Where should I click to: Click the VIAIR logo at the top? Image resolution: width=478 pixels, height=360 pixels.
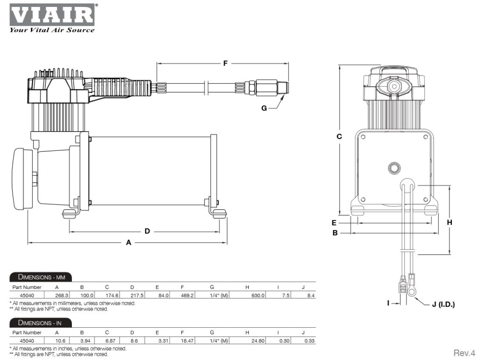pyautogui.click(x=51, y=15)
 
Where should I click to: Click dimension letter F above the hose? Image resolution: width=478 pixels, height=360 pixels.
pyautogui.click(x=225, y=63)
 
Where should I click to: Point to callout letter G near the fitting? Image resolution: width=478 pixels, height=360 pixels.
pyautogui.click(x=264, y=108)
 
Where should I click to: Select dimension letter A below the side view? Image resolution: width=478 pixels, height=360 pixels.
pyautogui.click(x=129, y=242)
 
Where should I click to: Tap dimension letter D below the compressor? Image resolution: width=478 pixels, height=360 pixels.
pyautogui.click(x=147, y=231)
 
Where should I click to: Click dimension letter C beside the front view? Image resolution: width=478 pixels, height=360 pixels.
pyautogui.click(x=339, y=136)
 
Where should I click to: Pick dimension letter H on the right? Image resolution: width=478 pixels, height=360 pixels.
pyautogui.click(x=450, y=222)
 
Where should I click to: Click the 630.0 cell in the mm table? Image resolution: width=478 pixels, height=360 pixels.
pyautogui.click(x=258, y=295)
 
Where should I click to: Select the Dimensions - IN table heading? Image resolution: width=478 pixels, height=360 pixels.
pyautogui.click(x=40, y=323)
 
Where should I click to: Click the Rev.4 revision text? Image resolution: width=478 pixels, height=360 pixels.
pyautogui.click(x=464, y=352)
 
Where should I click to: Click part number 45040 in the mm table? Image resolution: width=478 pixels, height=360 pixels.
pyautogui.click(x=27, y=295)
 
